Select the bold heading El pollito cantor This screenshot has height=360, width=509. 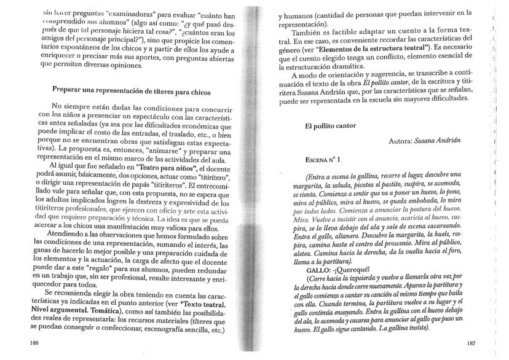pos(331,126)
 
